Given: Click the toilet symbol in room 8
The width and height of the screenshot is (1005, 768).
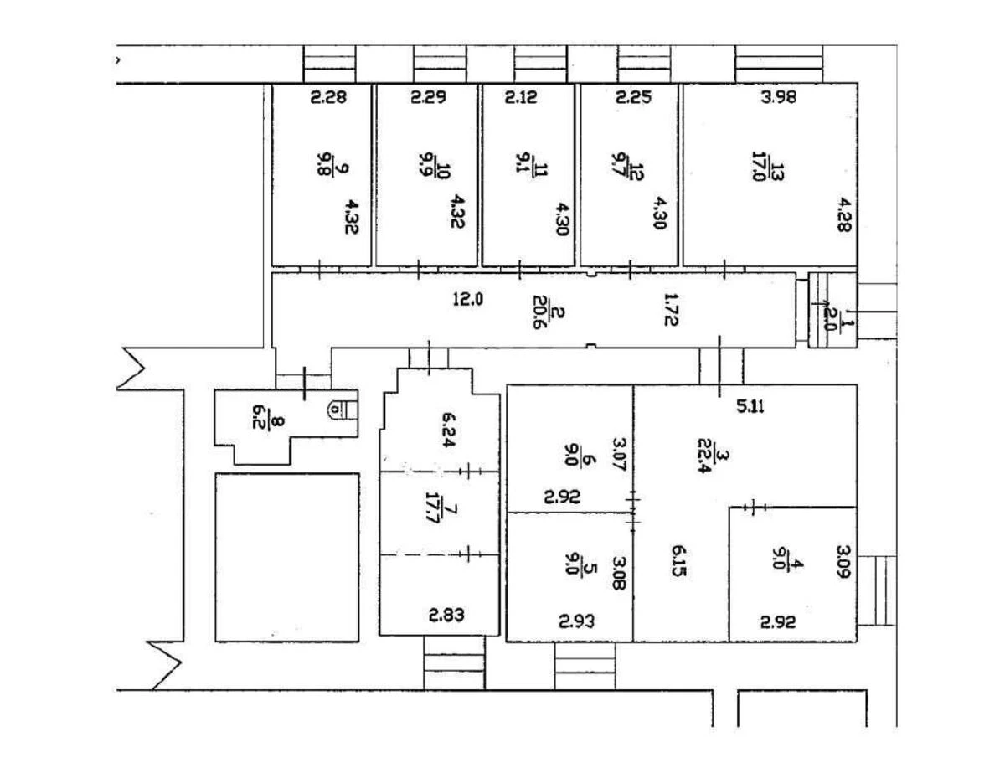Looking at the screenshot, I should (337, 410).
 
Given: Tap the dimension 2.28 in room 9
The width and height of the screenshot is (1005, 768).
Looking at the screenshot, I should (327, 97).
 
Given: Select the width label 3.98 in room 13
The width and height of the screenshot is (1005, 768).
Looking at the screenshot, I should (778, 97).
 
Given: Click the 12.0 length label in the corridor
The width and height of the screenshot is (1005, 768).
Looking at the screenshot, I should (469, 298).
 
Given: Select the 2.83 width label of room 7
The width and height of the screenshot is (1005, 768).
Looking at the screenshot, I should (447, 616).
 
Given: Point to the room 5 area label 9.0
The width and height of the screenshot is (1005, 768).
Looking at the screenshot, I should (572, 564).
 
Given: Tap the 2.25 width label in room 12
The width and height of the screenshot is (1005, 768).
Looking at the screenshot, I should (633, 97).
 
